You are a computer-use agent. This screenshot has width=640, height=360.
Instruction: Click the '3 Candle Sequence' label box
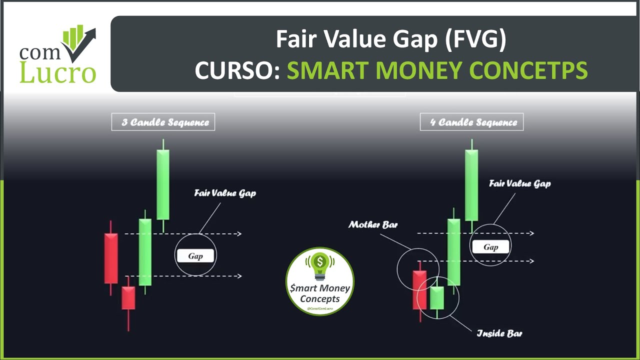pos(163,122)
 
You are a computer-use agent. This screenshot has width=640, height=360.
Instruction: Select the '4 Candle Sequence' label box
pos(472,122)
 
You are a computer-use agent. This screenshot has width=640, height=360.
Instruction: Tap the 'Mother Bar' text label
pos(373,225)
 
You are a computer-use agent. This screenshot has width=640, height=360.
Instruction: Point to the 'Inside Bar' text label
pos(499,333)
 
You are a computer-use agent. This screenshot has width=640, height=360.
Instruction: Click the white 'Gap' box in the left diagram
pos(195,256)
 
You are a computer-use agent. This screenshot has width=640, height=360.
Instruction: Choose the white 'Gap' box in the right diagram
pos(490,247)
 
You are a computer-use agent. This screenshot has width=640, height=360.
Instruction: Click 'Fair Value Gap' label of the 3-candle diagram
pos(225,193)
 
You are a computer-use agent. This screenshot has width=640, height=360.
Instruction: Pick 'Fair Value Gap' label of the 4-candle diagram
pos(519,183)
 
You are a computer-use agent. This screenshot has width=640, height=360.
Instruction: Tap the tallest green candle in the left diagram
pos(163,184)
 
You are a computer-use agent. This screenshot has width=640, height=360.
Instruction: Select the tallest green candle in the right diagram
pos(471,185)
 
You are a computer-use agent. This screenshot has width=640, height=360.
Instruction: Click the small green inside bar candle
pos(437,298)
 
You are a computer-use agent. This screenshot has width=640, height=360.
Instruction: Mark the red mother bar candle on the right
pos(419,290)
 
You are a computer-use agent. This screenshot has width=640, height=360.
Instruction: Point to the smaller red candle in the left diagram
pos(128,298)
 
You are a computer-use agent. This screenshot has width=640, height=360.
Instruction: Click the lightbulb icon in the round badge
pos(320,265)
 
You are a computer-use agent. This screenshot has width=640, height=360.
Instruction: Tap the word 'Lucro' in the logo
pos(57,72)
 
